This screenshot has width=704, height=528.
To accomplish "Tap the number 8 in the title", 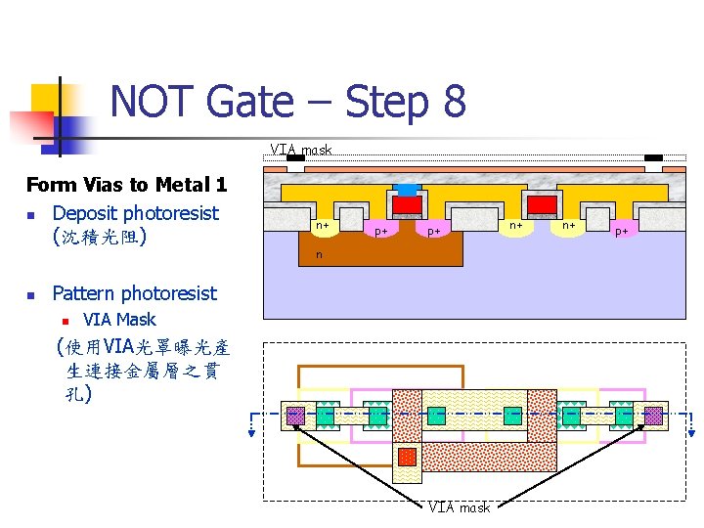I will [x=453, y=102].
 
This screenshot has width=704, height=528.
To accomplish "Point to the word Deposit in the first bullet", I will [x=86, y=213].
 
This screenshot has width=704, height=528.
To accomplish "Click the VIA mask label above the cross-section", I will [x=301, y=151].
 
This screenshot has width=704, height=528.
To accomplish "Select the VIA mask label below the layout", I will [x=459, y=507].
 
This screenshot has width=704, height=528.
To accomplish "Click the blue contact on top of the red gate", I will [x=407, y=188].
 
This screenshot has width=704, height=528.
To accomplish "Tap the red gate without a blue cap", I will [x=541, y=203].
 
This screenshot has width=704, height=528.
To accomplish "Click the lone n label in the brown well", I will [x=318, y=255].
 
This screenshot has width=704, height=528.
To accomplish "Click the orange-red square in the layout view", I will [x=407, y=457].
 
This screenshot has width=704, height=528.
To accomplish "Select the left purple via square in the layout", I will [x=294, y=416].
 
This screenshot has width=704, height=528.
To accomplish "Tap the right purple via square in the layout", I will [x=652, y=416].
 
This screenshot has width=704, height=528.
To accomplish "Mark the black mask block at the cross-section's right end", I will [x=652, y=157].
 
